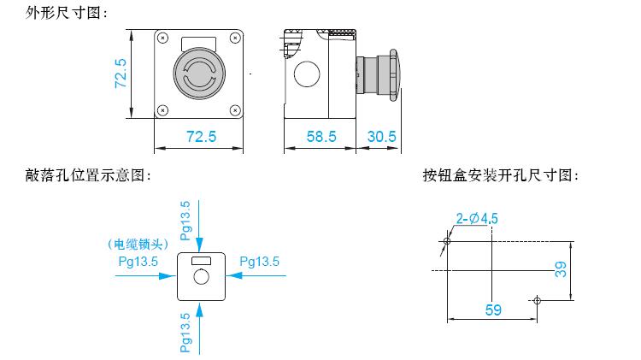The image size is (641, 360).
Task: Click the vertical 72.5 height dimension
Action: (121, 74)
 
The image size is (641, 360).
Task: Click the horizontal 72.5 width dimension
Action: (201, 136)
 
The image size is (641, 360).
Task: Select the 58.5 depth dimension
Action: (321, 136)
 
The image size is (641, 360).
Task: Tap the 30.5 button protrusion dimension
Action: (381, 136)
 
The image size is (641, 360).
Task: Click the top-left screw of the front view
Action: (163, 38)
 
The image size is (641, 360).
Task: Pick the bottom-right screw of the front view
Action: (235, 110)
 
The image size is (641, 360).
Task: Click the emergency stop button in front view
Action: (199, 74)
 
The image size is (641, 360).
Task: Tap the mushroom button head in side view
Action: (395, 75)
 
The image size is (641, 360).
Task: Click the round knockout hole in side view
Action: (307, 74)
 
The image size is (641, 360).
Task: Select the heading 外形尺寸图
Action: (66, 13)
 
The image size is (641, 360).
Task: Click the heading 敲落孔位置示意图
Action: (88, 175)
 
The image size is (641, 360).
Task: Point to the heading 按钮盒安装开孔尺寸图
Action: (500, 175)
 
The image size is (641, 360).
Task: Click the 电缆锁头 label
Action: (138, 245)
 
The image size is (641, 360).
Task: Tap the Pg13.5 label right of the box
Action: (259, 262)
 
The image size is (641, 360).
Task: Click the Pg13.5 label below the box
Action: (185, 333)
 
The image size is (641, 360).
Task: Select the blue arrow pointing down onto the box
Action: (199, 227)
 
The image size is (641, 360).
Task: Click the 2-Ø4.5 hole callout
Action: (477, 218)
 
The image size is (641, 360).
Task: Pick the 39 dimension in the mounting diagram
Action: (561, 269)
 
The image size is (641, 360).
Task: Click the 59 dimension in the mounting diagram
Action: (493, 310)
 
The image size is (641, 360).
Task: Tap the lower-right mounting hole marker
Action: (538, 301)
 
